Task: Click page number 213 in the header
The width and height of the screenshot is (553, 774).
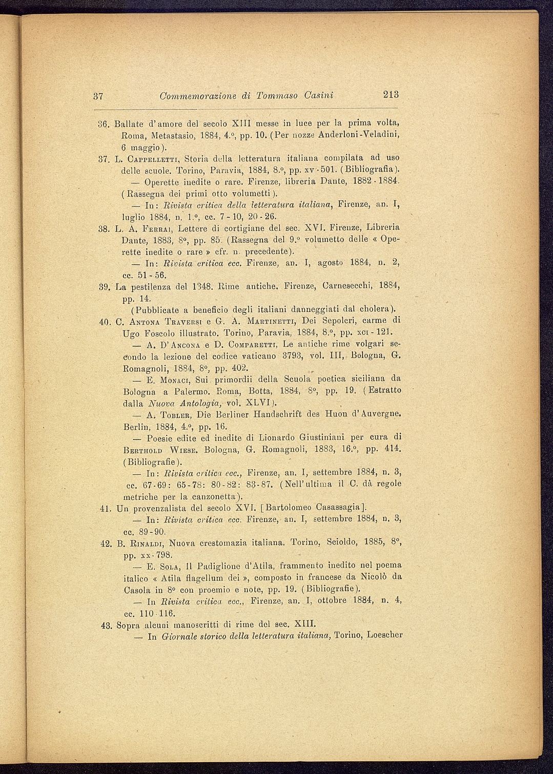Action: (390, 95)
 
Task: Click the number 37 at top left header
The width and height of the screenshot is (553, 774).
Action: (99, 96)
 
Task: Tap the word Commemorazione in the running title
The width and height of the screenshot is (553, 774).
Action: (197, 96)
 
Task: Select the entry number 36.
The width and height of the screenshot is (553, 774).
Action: (104, 124)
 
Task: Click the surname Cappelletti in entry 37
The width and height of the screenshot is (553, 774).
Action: (153, 158)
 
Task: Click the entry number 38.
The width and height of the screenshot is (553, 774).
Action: (104, 227)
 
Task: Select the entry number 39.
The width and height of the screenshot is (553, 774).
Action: (104, 287)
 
